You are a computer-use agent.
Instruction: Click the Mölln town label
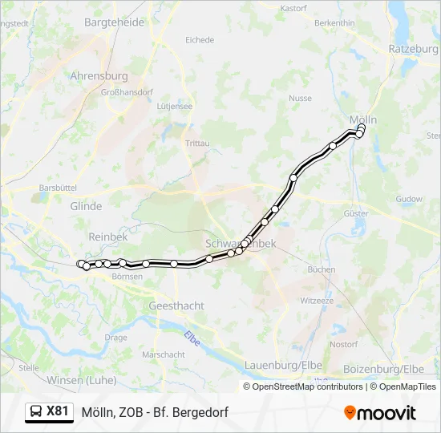point(362,119)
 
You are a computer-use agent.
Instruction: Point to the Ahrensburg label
point(99,76)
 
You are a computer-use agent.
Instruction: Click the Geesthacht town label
point(176,306)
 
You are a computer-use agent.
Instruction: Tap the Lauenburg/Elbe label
point(283,365)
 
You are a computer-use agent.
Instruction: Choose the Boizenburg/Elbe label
point(383,368)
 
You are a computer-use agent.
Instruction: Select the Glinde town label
point(87,206)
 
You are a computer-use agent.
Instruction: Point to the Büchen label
point(322,269)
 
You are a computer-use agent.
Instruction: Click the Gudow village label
point(409,199)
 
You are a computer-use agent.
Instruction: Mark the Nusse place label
point(300,98)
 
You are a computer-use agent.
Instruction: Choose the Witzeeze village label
point(316,300)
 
